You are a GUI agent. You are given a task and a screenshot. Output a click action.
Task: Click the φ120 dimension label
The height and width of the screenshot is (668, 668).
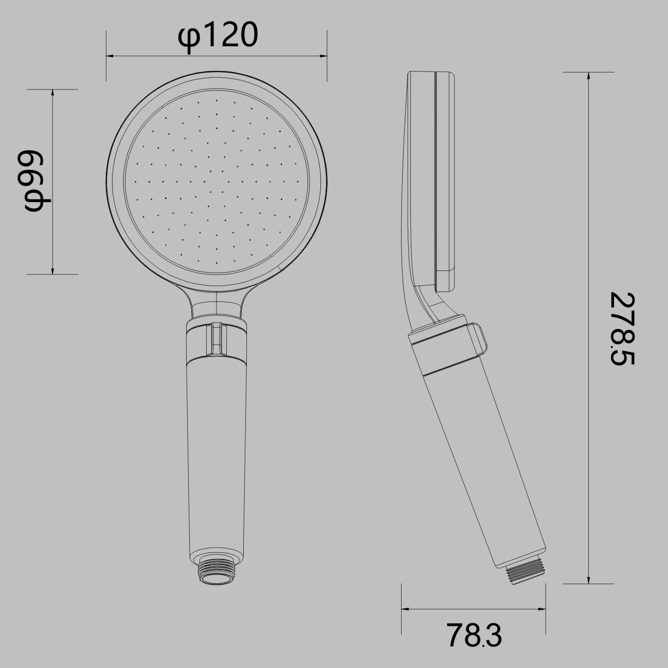click(218, 37)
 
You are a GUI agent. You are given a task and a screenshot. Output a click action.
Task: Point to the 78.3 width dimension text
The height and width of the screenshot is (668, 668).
click(474, 635)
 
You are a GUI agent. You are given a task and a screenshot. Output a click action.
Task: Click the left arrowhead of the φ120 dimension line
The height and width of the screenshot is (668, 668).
click(110, 56)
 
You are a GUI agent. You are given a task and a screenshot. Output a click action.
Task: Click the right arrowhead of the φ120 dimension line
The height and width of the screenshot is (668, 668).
click(323, 56)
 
